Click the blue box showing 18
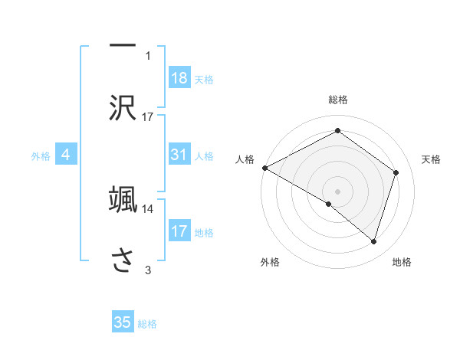pos(179,77)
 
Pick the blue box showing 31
pos(179,155)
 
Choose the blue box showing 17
pos(179,231)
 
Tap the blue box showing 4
pos(66,155)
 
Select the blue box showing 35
pos(123,322)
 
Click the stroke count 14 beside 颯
pos(148,208)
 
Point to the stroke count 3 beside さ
pos(148,270)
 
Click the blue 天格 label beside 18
pos(204,79)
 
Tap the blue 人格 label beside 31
pos(204,156)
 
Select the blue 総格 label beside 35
pos(147,324)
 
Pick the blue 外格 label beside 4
pos(41,156)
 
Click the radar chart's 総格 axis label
pos(338,100)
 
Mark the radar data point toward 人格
pos(264,168)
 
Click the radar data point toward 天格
pos(396,172)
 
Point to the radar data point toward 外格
pos(329,204)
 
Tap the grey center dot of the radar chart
pos(337,191)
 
